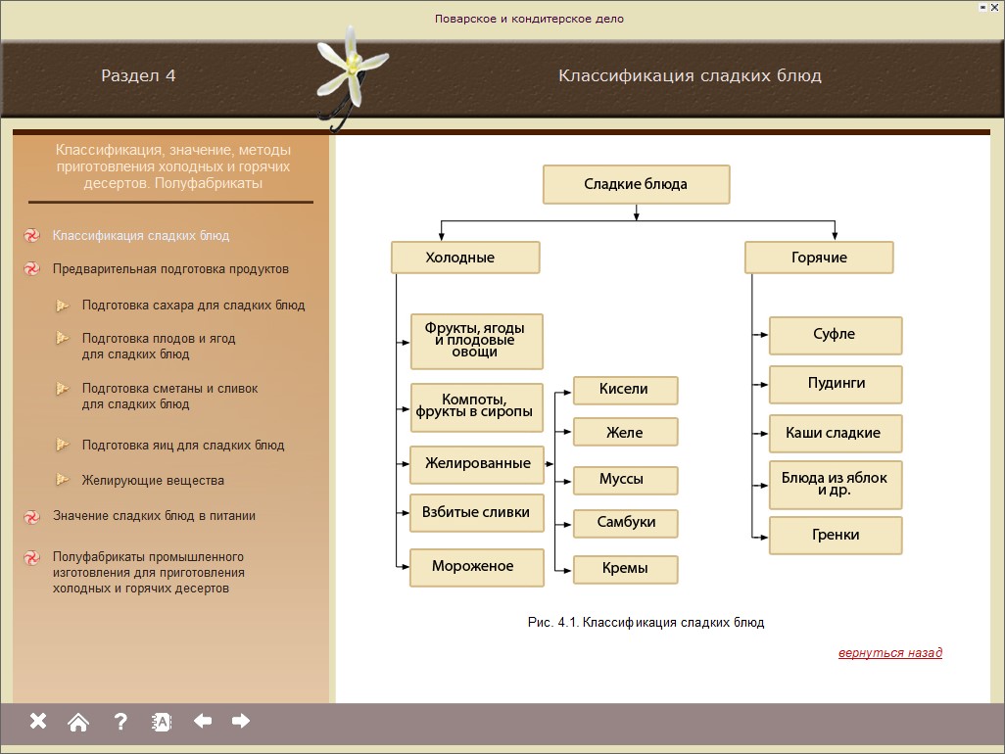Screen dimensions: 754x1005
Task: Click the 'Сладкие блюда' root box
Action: pyautogui.click(x=636, y=184)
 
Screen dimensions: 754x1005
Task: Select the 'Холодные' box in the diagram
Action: pyautogui.click(x=465, y=258)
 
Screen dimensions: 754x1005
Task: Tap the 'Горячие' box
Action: pyautogui.click(x=819, y=258)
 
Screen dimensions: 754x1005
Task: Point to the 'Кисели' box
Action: pyautogui.click(x=625, y=390)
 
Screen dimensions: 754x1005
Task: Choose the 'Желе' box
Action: pyautogui.click(x=625, y=432)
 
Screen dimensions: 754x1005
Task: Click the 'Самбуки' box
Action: pyautogui.click(x=626, y=522)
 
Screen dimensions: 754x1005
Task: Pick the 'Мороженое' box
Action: pyautogui.click(x=476, y=567)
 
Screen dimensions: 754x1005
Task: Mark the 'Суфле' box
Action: pyautogui.click(x=835, y=335)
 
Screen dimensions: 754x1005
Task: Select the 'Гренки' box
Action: pyautogui.click(x=835, y=536)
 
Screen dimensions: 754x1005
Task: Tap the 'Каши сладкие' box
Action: pyautogui.click(x=835, y=433)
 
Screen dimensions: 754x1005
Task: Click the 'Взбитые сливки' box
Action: pyautogui.click(x=476, y=512)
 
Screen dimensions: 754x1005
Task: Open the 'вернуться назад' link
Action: pyautogui.click(x=889, y=653)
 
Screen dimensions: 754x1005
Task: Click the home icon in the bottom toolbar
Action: pyautogui.click(x=78, y=722)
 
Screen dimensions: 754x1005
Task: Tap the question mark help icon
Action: pyautogui.click(x=120, y=722)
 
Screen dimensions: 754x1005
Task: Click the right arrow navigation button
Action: pyautogui.click(x=241, y=722)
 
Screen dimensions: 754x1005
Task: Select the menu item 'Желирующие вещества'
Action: pyautogui.click(x=153, y=481)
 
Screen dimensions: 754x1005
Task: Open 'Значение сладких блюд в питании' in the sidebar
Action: pyautogui.click(x=154, y=516)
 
